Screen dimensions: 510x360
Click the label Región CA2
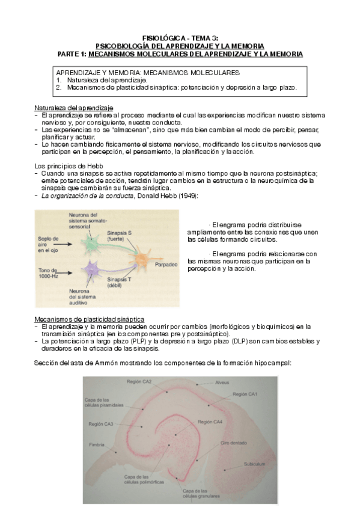click(x=139, y=381)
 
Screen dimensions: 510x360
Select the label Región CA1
click(x=245, y=394)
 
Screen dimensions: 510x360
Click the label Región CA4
click(x=209, y=422)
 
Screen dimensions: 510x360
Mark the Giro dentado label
click(x=233, y=442)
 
